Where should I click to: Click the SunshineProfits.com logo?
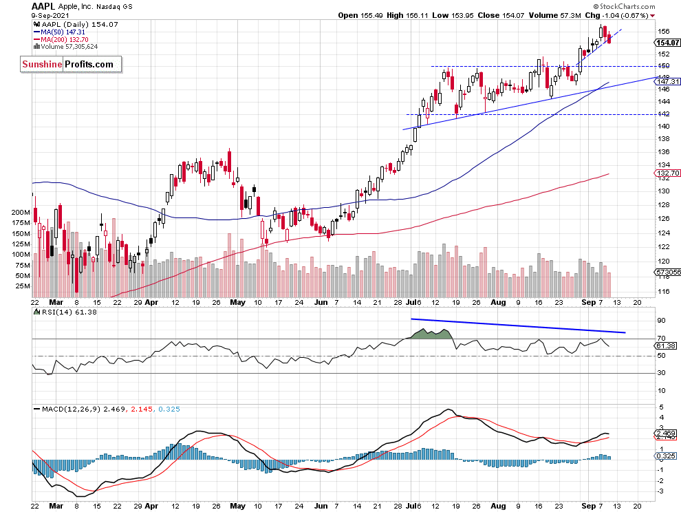pyautogui.click(x=70, y=65)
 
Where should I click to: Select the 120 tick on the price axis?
pyautogui.click(x=663, y=262)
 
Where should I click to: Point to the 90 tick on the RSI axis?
pyautogui.click(x=662, y=320)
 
